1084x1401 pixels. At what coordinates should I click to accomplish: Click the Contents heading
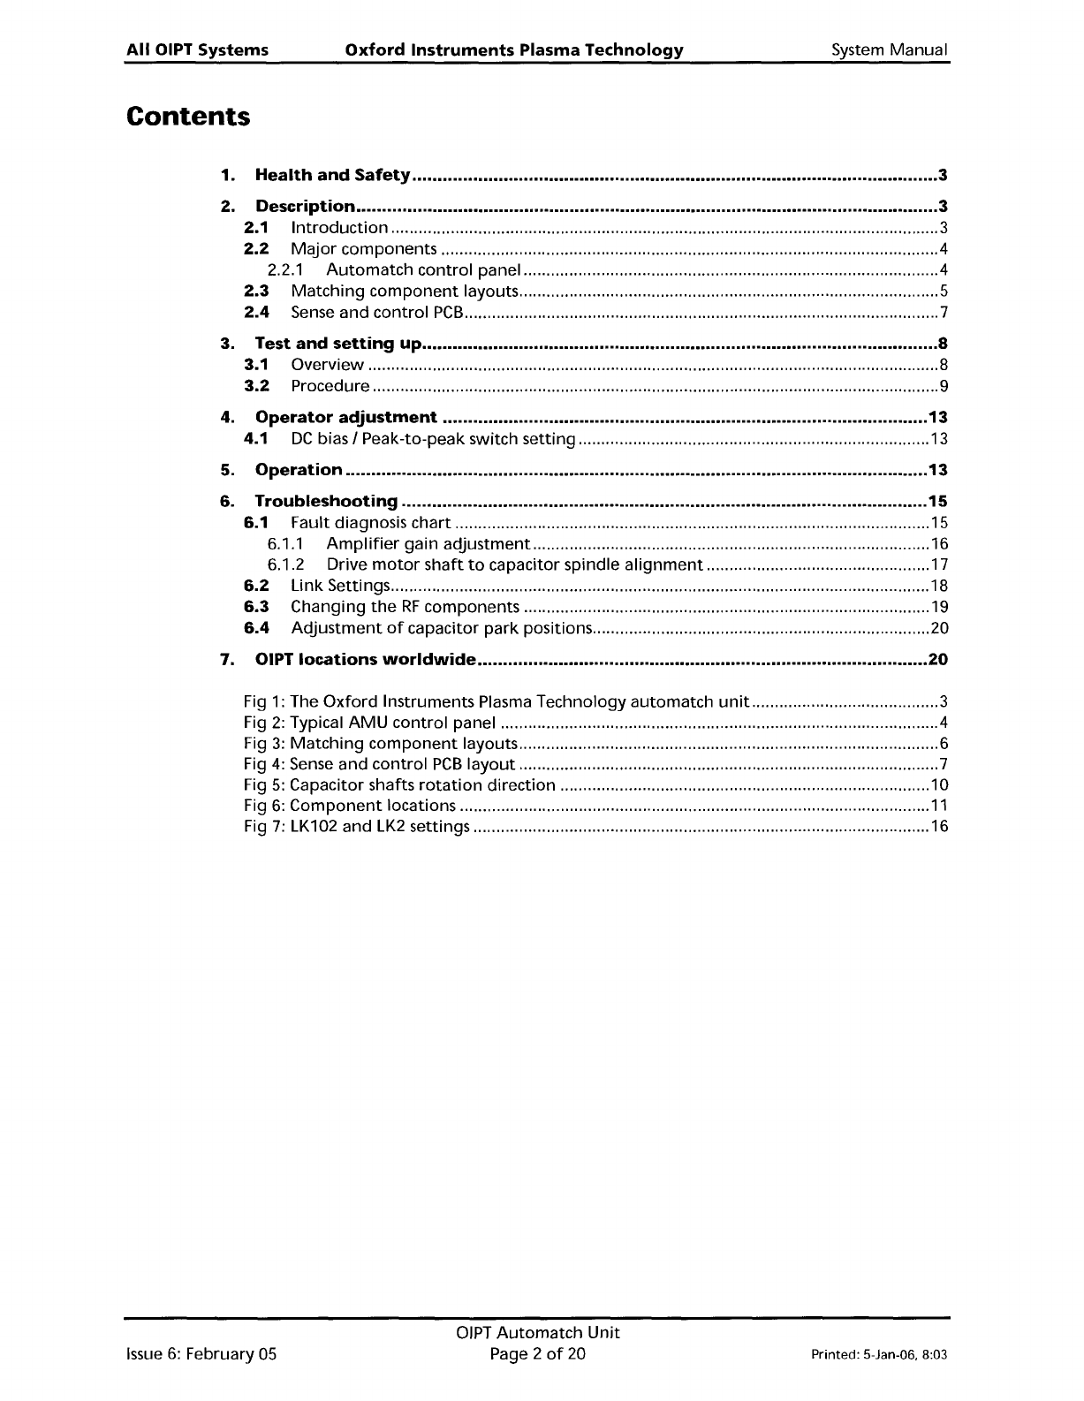(188, 117)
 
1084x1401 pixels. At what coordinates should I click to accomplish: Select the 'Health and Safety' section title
(332, 175)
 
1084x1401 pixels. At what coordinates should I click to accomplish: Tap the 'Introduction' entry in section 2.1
(338, 228)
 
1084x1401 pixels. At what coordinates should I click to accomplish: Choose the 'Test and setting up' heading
(338, 344)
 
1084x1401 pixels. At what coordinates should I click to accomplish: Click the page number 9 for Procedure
(944, 386)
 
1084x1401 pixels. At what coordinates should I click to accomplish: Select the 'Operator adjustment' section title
(345, 417)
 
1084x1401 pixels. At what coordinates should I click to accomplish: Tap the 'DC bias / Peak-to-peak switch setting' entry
(433, 439)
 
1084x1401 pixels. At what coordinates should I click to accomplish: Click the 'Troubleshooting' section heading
(326, 502)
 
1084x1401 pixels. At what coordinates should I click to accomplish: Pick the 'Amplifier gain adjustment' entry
(428, 544)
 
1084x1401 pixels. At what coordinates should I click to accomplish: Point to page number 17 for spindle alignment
(939, 565)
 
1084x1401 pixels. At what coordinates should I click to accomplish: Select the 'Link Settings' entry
(339, 586)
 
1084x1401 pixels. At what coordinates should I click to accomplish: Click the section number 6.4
(256, 628)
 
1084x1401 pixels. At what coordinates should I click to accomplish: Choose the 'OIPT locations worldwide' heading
(366, 660)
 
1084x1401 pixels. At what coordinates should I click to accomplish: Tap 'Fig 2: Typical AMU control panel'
(368, 723)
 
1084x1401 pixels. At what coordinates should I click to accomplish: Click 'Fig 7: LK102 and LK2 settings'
(356, 827)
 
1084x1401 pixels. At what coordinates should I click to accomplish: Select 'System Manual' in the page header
(889, 50)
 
